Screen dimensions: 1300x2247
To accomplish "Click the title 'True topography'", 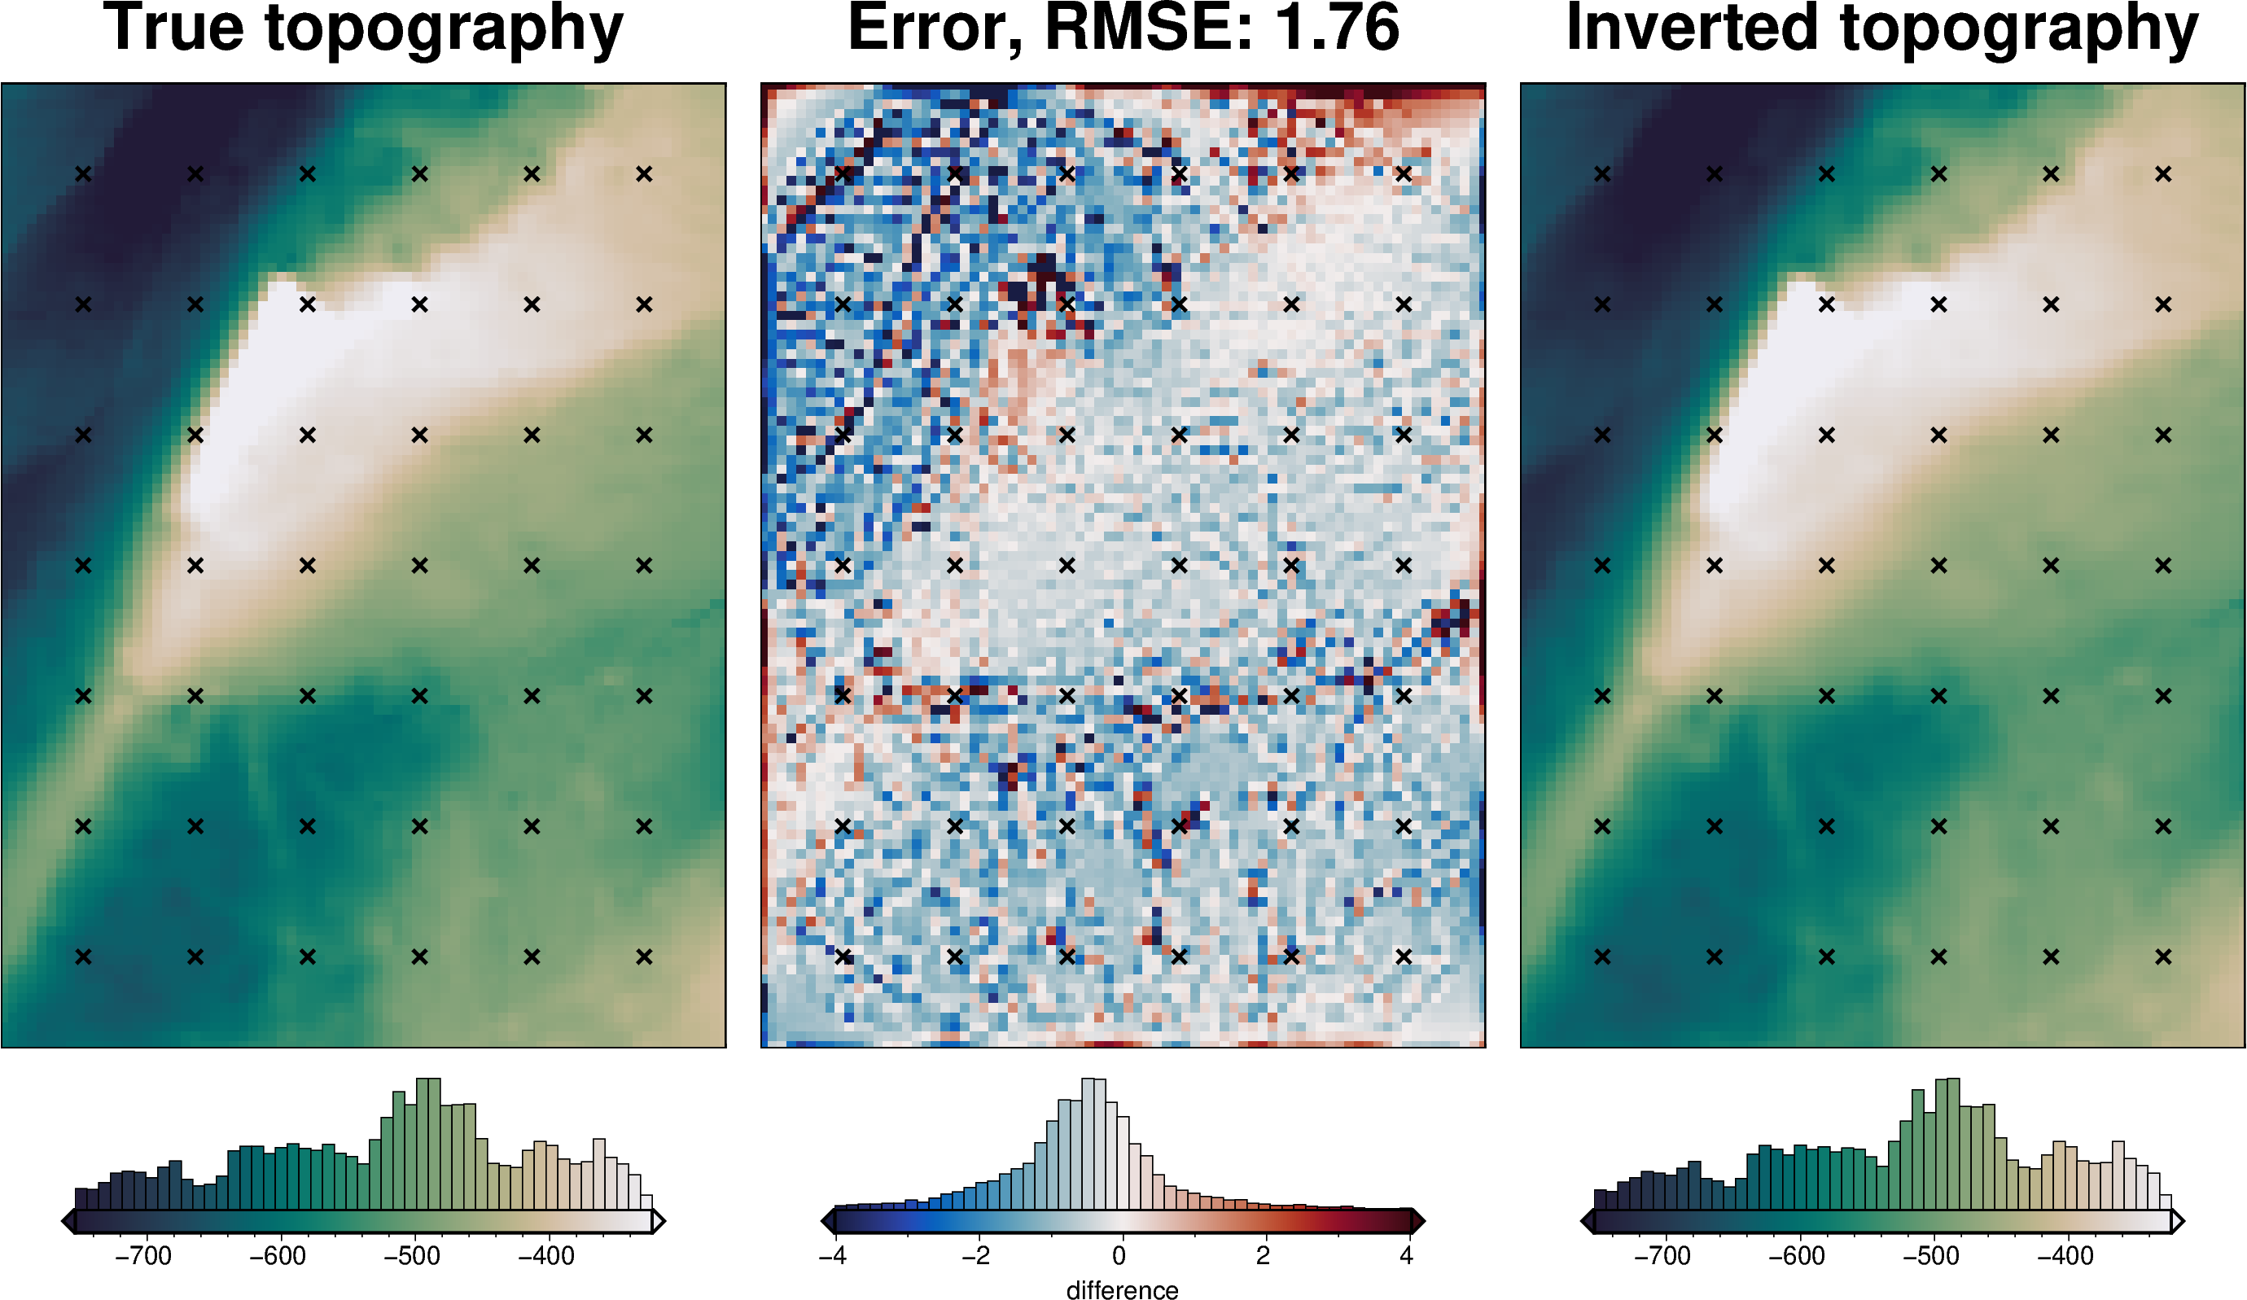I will click(363, 28).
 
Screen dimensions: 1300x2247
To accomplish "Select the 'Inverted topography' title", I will click(1882, 28).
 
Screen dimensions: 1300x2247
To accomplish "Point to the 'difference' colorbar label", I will click(1122, 1289).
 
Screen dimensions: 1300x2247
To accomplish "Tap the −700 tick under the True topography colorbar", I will click(143, 1256).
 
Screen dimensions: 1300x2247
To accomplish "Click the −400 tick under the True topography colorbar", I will click(546, 1256).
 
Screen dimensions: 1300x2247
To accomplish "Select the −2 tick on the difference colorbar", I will click(975, 1256).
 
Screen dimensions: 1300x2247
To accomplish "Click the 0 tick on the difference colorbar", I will click(1120, 1256).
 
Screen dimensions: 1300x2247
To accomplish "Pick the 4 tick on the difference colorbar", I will click(1406, 1256).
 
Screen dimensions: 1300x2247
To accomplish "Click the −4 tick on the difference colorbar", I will click(833, 1256).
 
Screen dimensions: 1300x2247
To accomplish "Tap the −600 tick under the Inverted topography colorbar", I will click(1797, 1256).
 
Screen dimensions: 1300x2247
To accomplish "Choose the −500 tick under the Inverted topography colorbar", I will click(1931, 1256).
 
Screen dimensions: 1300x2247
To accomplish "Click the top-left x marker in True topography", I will click(83, 174).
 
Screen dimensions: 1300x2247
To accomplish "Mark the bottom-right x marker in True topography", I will click(644, 956).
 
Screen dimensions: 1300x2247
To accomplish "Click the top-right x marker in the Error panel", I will click(1404, 174).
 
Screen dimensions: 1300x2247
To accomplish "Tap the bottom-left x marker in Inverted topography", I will click(1602, 956).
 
